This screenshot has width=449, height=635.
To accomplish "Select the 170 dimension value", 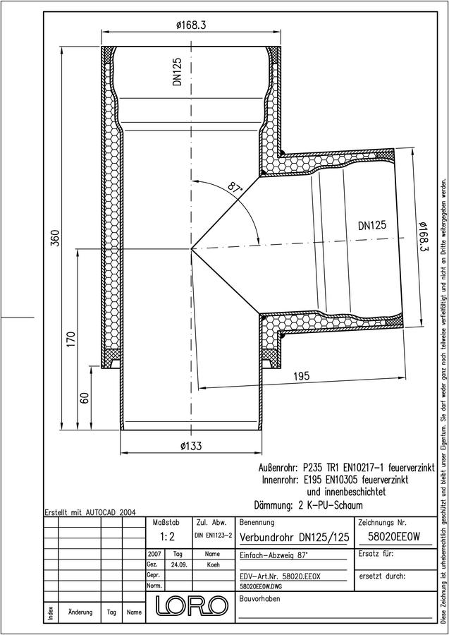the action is click(70, 339).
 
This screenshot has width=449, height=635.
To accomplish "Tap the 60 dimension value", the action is click(85, 398).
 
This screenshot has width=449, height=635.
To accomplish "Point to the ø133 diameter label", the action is click(191, 446).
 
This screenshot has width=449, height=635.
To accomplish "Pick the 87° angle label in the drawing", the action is click(234, 187).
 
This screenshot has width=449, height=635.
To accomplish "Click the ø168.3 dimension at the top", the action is click(191, 25).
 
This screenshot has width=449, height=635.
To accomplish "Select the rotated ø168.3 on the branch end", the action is click(423, 241).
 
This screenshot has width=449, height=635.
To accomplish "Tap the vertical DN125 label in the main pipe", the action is click(177, 71).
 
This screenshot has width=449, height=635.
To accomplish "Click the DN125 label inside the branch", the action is click(371, 225).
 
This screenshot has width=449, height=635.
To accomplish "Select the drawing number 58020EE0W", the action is click(394, 537).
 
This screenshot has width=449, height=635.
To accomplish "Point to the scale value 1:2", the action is click(167, 537).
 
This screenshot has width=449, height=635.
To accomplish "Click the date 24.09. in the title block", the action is click(178, 565).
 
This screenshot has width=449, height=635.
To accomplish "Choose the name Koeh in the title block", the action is click(212, 565).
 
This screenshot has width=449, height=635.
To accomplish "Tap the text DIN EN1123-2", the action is click(213, 536).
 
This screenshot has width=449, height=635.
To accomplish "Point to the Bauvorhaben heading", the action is click(259, 598).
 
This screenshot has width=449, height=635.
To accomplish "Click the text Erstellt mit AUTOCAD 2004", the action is click(90, 512).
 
